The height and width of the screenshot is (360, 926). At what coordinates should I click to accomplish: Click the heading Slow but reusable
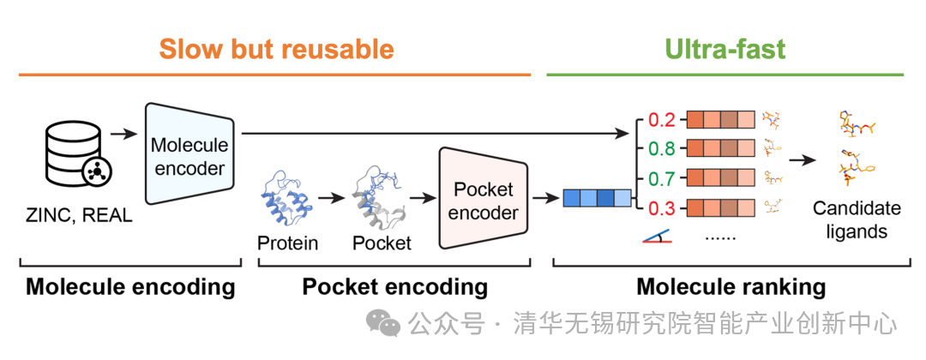276,48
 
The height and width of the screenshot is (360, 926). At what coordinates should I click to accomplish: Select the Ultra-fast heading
725,48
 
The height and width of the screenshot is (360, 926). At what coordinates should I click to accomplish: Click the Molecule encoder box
189,154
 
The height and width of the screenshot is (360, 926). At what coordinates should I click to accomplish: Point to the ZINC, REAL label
78,215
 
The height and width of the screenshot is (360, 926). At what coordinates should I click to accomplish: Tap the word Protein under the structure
288,243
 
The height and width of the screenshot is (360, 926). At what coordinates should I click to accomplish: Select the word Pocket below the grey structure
382,243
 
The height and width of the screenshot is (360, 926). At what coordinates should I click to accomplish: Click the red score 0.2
661,119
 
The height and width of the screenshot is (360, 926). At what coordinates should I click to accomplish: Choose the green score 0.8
661,148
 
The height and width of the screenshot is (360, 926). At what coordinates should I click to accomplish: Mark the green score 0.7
661,178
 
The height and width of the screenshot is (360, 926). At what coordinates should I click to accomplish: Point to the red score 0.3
661,207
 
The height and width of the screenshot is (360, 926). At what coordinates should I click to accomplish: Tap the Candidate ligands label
857,219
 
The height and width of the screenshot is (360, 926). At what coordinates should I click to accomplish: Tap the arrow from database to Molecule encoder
124,134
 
